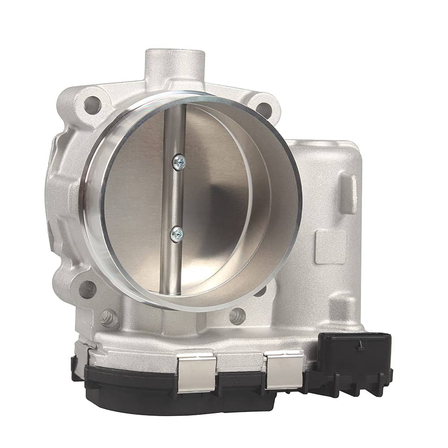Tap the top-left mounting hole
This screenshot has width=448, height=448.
pyautogui.click(x=92, y=105)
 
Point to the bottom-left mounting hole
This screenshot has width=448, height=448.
pyautogui.click(x=88, y=289)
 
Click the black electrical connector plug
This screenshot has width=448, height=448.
pyautogui.click(x=354, y=358)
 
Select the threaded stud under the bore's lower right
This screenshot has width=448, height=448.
pyautogui.click(x=237, y=316)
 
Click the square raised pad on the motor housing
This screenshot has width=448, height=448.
pyautogui.click(x=330, y=246)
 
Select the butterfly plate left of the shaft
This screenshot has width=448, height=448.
pyautogui.click(x=134, y=202)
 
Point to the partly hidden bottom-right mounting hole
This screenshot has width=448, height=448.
pyautogui.click(x=260, y=291)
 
